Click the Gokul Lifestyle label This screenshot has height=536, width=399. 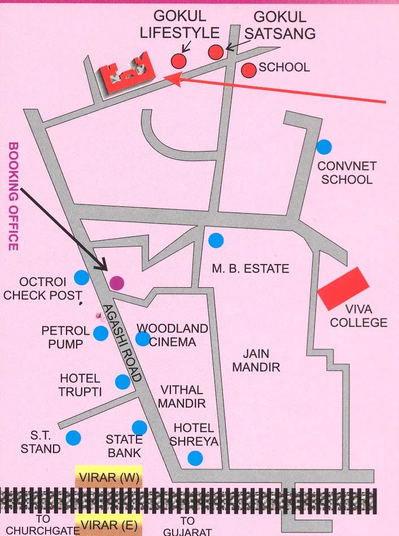(x=179, y=25)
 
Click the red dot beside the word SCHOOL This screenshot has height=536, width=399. (x=248, y=70)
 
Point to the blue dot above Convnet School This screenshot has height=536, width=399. (x=323, y=147)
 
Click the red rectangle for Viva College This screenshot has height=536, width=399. (x=343, y=288)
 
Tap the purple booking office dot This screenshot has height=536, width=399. (x=116, y=283)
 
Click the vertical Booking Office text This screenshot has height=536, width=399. (x=13, y=196)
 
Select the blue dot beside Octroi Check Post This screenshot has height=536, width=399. (x=82, y=278)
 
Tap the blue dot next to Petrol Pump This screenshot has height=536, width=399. (x=100, y=334)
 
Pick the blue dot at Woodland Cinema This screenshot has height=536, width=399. (x=143, y=339)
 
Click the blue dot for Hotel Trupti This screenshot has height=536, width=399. (x=122, y=382)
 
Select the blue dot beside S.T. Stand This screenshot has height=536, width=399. (x=73, y=437)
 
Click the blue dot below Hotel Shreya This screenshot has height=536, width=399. (x=195, y=458)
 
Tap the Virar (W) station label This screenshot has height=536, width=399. (x=108, y=477)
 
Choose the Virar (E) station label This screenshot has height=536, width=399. (x=108, y=525)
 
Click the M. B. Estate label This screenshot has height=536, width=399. (x=250, y=269)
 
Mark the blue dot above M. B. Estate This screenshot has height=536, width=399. (x=216, y=240)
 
